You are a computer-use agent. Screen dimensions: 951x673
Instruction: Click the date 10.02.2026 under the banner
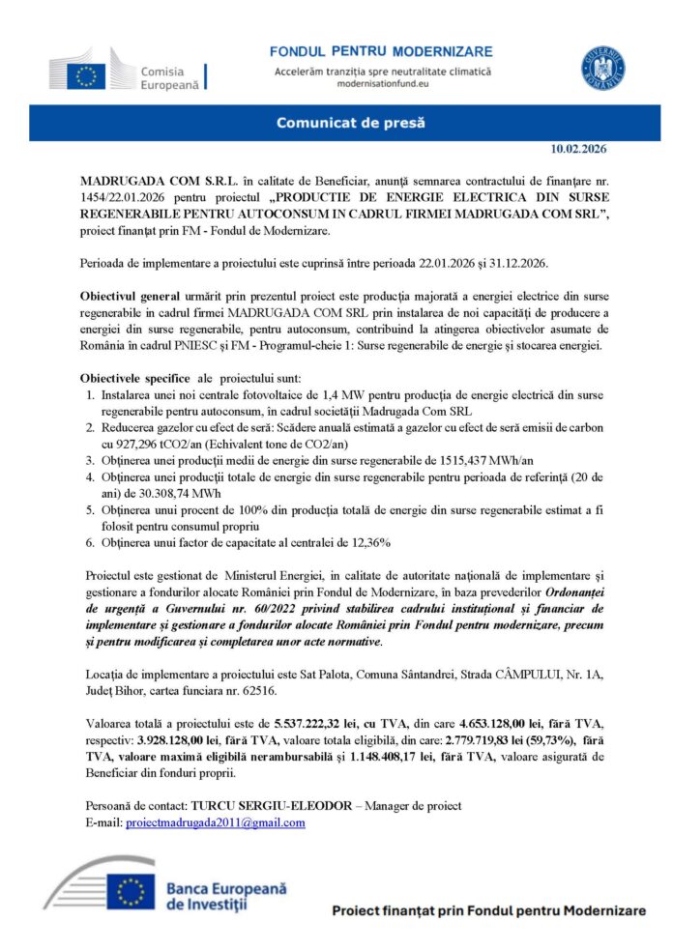point(578,149)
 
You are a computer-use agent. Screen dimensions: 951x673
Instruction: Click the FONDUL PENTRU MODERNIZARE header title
point(380,49)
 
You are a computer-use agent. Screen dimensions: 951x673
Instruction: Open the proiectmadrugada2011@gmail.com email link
point(216,822)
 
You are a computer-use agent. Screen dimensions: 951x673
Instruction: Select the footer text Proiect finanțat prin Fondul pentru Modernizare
point(488,910)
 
